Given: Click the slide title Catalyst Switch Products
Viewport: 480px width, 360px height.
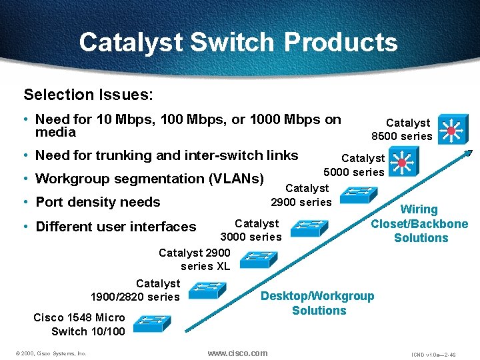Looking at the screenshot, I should click(238, 42).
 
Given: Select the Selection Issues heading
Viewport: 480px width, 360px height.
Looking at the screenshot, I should click(88, 95).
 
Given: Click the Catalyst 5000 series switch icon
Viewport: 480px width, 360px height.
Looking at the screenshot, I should click(403, 161).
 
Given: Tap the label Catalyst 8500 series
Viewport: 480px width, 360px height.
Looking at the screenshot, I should click(403, 129).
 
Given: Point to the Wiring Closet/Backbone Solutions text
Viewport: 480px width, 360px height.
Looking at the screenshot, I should click(420, 224).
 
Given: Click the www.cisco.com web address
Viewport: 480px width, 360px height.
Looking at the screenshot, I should click(237, 353).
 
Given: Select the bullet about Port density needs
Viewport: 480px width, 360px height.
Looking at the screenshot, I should click(97, 202).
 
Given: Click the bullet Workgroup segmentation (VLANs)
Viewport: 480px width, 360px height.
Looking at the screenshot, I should click(149, 179).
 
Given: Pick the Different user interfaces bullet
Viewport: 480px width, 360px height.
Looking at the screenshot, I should click(115, 227).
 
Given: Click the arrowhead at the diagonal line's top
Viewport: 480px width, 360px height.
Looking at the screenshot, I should click(469, 153).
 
